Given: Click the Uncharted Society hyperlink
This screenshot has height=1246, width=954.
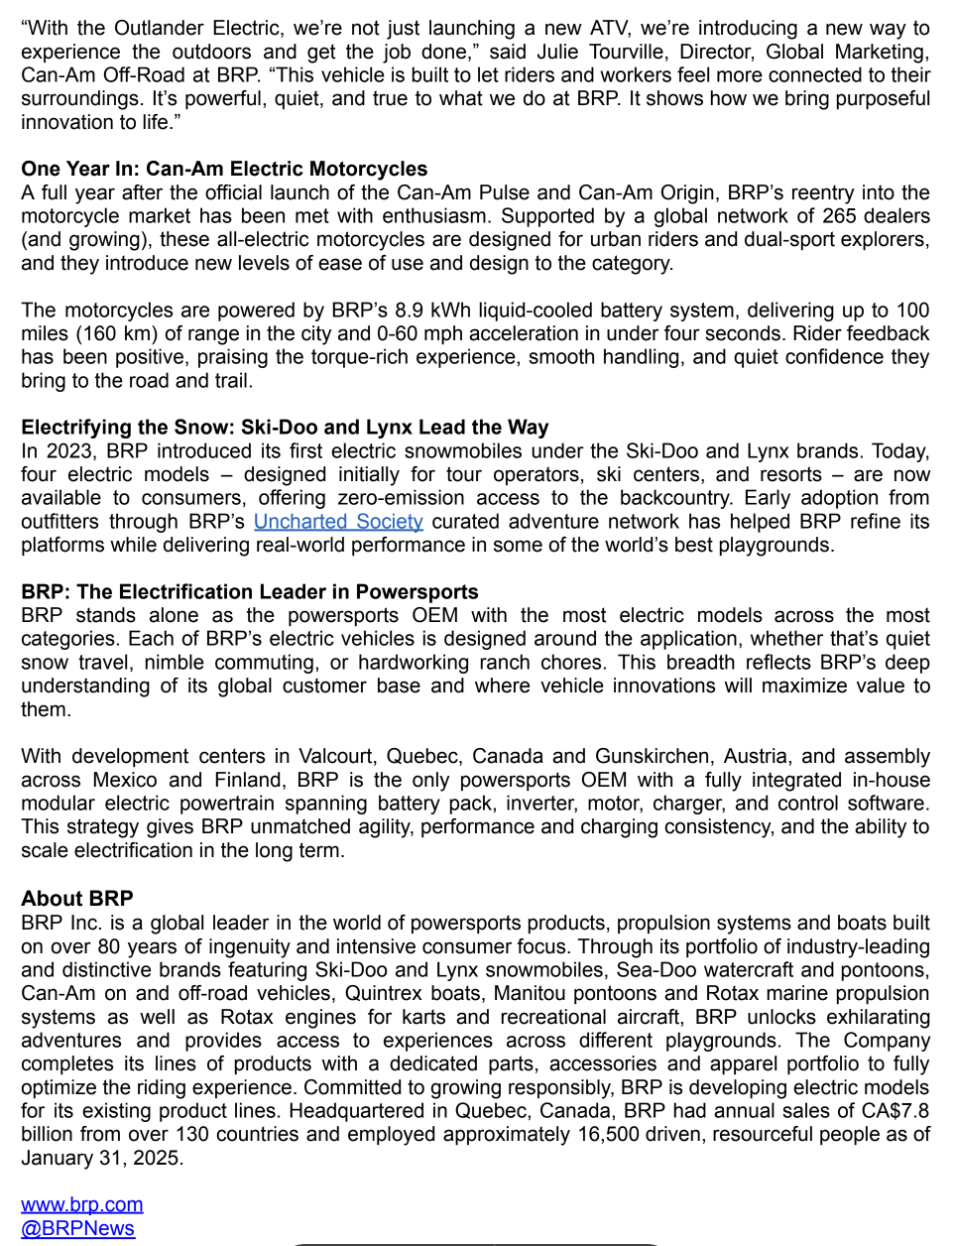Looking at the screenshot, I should (338, 521).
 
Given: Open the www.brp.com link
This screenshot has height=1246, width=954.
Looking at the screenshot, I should (82, 1204).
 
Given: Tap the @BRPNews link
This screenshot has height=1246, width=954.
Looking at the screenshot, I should (77, 1228).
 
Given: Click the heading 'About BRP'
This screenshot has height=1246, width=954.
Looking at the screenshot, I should (77, 898).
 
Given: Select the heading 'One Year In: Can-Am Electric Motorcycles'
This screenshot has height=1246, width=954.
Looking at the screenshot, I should (224, 169).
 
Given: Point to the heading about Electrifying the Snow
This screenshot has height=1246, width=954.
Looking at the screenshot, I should (285, 428).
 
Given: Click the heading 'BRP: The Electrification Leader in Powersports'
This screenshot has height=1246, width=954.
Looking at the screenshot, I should (250, 592).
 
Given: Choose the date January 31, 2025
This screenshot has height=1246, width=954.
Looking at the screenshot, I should (102, 1158).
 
